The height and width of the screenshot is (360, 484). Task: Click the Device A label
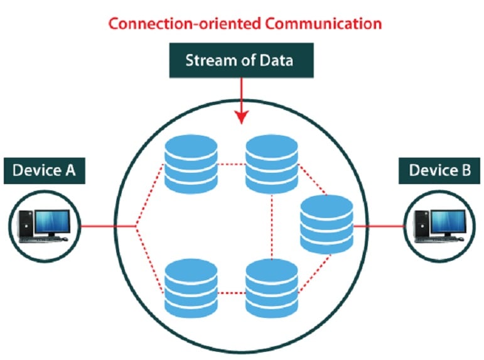tap(44, 170)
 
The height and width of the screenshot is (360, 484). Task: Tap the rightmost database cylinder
tap(326, 224)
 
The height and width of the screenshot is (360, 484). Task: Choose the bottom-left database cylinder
tap(190, 288)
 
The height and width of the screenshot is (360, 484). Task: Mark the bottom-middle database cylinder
tap(271, 288)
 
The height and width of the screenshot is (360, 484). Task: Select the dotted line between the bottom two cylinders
tap(231, 292)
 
